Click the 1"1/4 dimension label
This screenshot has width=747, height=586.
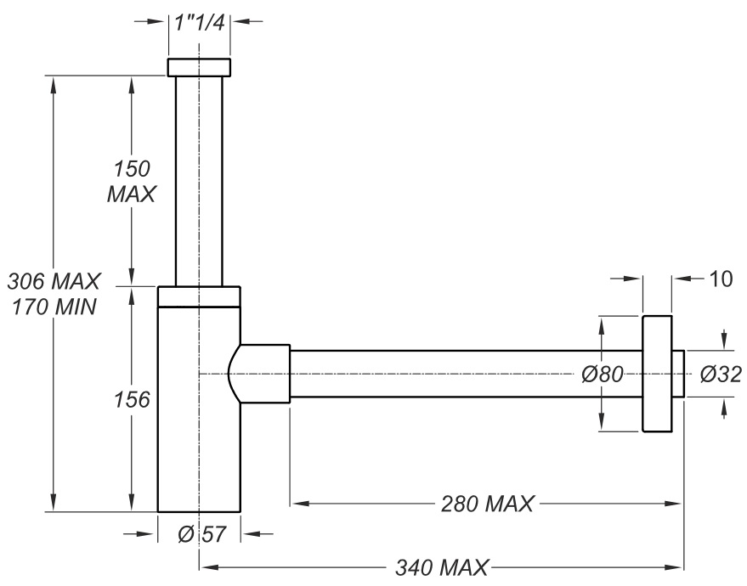point(200,23)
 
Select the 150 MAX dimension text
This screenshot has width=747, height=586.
point(131,181)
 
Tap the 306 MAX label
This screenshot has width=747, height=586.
point(54,279)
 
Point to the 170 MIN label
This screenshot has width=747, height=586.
point(54,306)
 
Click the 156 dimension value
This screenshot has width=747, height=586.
point(132,399)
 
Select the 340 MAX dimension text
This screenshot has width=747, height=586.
point(442,566)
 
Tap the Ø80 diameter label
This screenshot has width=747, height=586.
point(603,374)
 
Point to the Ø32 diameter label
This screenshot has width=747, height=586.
point(721,374)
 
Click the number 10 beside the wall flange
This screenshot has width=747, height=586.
point(718,278)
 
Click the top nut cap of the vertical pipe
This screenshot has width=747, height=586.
point(199,67)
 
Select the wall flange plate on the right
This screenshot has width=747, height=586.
point(656,374)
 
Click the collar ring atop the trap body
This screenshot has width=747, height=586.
point(200,296)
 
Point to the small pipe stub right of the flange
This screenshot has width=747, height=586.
point(677,374)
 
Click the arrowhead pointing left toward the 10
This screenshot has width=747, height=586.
point(680,278)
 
